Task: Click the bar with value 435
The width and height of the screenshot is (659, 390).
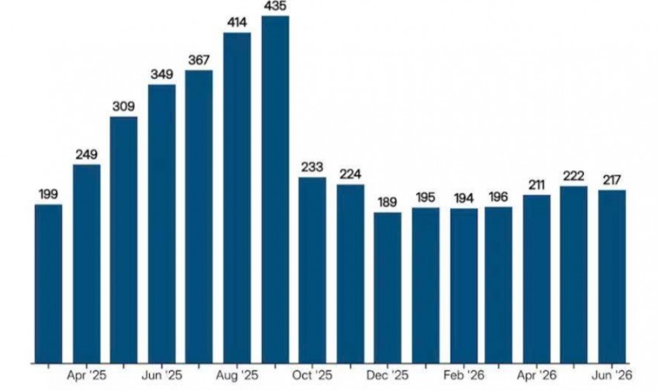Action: pos(275,189)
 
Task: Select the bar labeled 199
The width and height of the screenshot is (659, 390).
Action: pos(48,283)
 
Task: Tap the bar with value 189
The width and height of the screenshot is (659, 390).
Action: pos(388,288)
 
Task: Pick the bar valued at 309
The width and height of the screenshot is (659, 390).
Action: pos(124,240)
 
